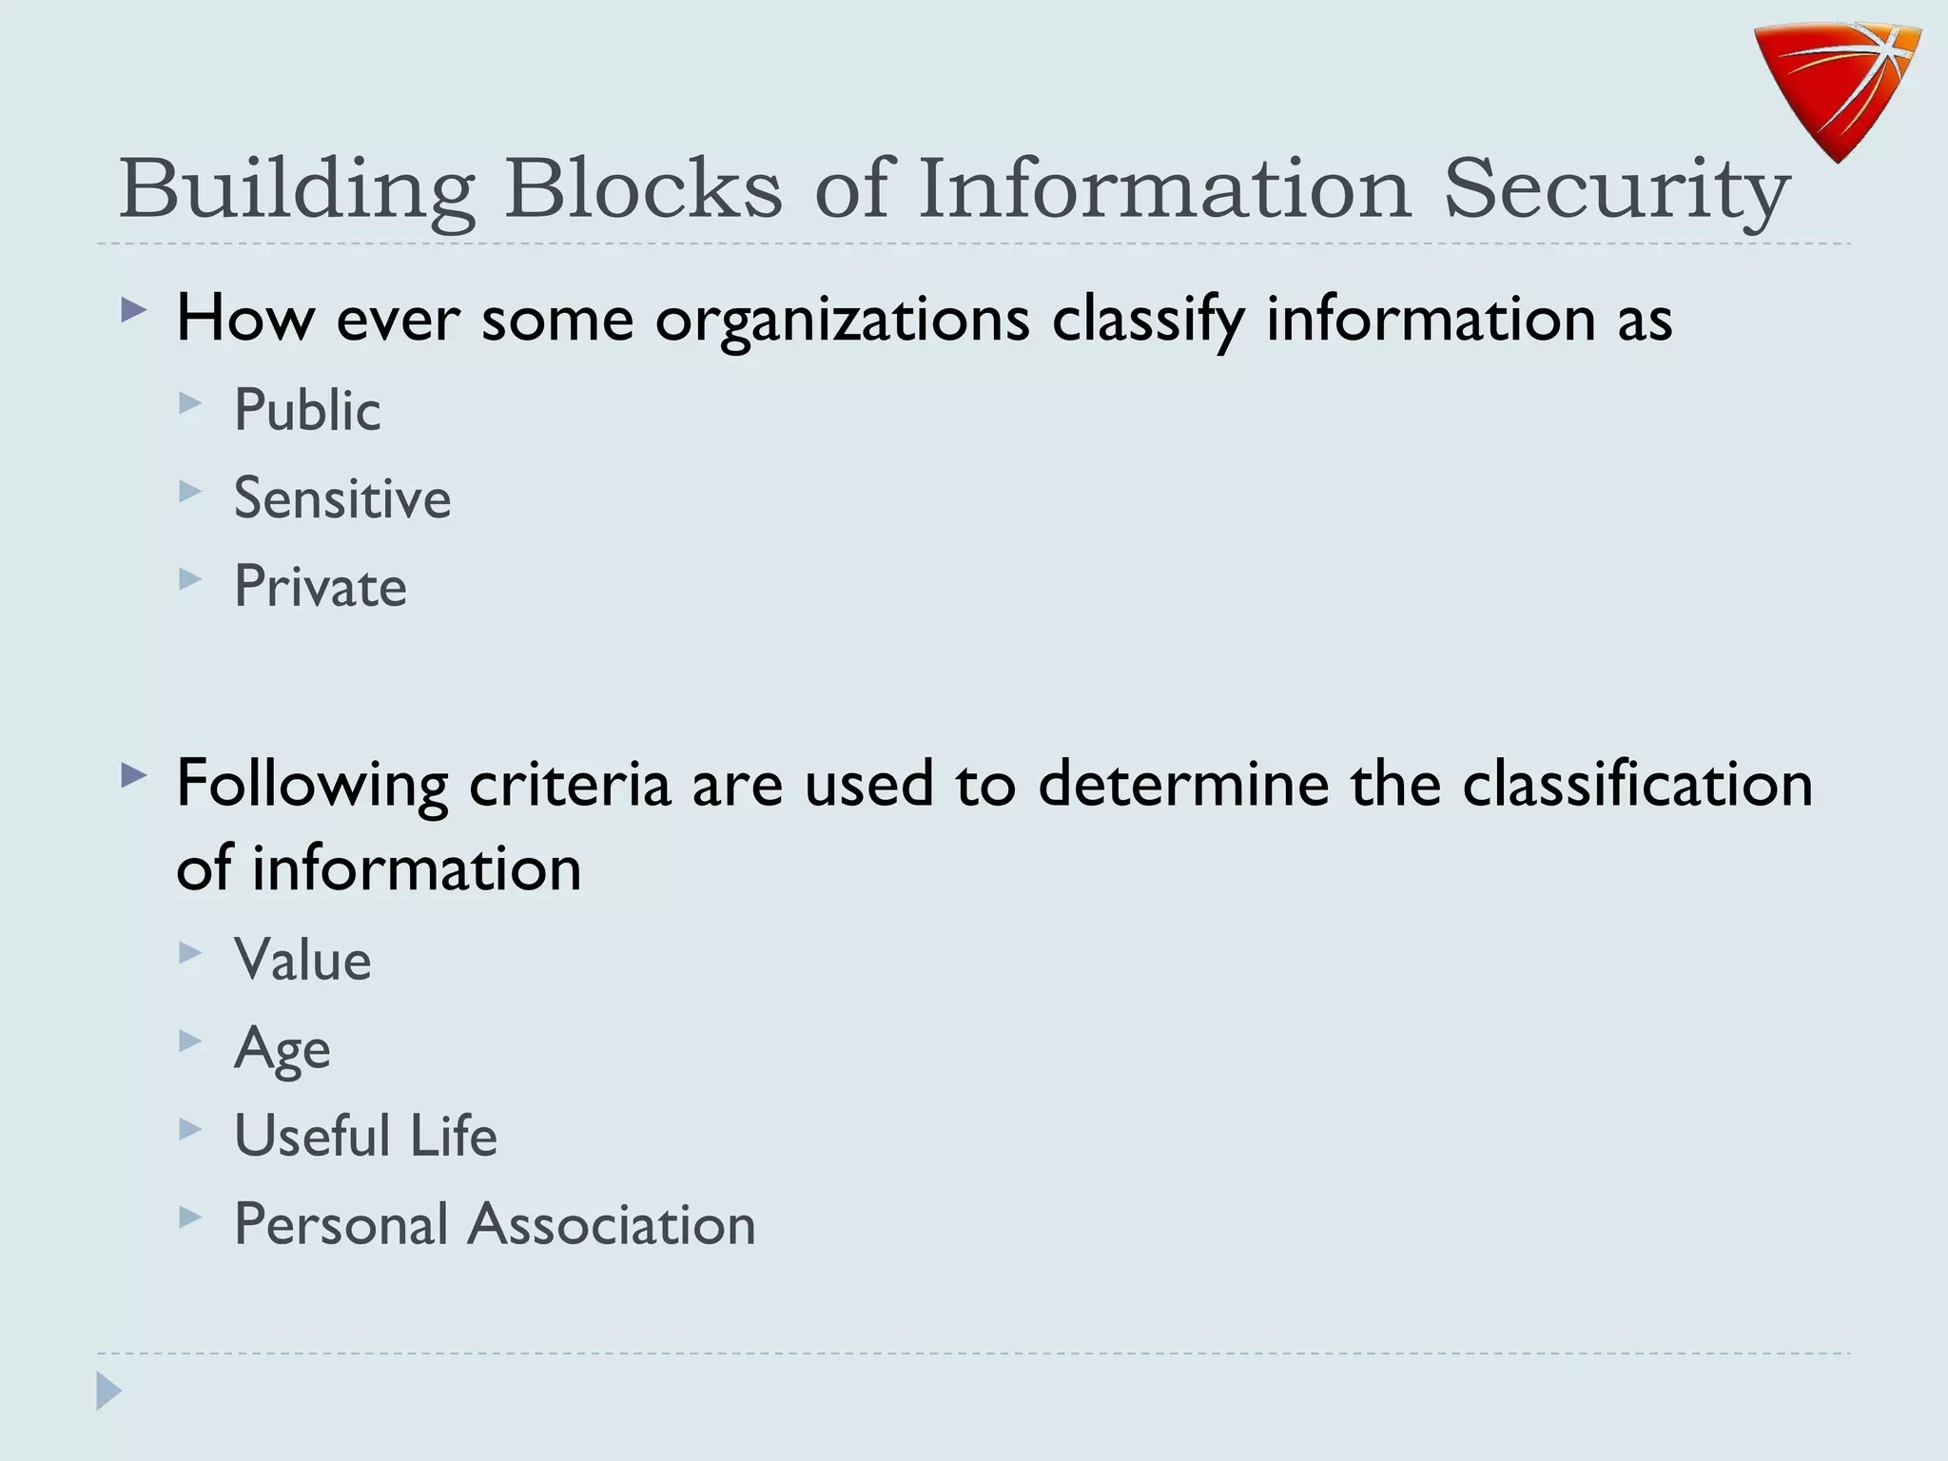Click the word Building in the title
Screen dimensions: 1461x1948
coord(296,189)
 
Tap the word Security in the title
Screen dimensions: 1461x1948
coord(1616,189)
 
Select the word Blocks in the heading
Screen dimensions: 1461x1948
coord(643,189)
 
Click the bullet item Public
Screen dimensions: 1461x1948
coord(307,410)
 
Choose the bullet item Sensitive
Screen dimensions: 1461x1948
coord(342,497)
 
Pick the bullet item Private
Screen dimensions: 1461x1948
coord(321,586)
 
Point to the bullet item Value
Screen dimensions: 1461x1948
coord(302,959)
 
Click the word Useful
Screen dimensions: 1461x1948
coord(312,1135)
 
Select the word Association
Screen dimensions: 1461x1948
coord(612,1223)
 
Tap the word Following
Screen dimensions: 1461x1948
coord(312,786)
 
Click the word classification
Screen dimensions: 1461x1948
coord(1637,784)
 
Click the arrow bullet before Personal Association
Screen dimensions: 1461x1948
coord(190,1217)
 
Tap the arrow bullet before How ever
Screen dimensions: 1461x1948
coord(134,310)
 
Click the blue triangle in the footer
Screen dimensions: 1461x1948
coord(108,1391)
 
